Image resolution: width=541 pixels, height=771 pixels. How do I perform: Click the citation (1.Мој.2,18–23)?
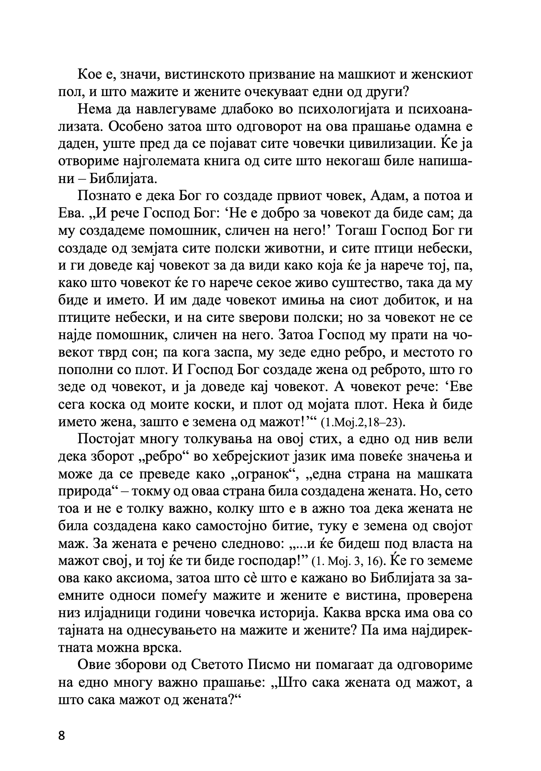tap(363, 423)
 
